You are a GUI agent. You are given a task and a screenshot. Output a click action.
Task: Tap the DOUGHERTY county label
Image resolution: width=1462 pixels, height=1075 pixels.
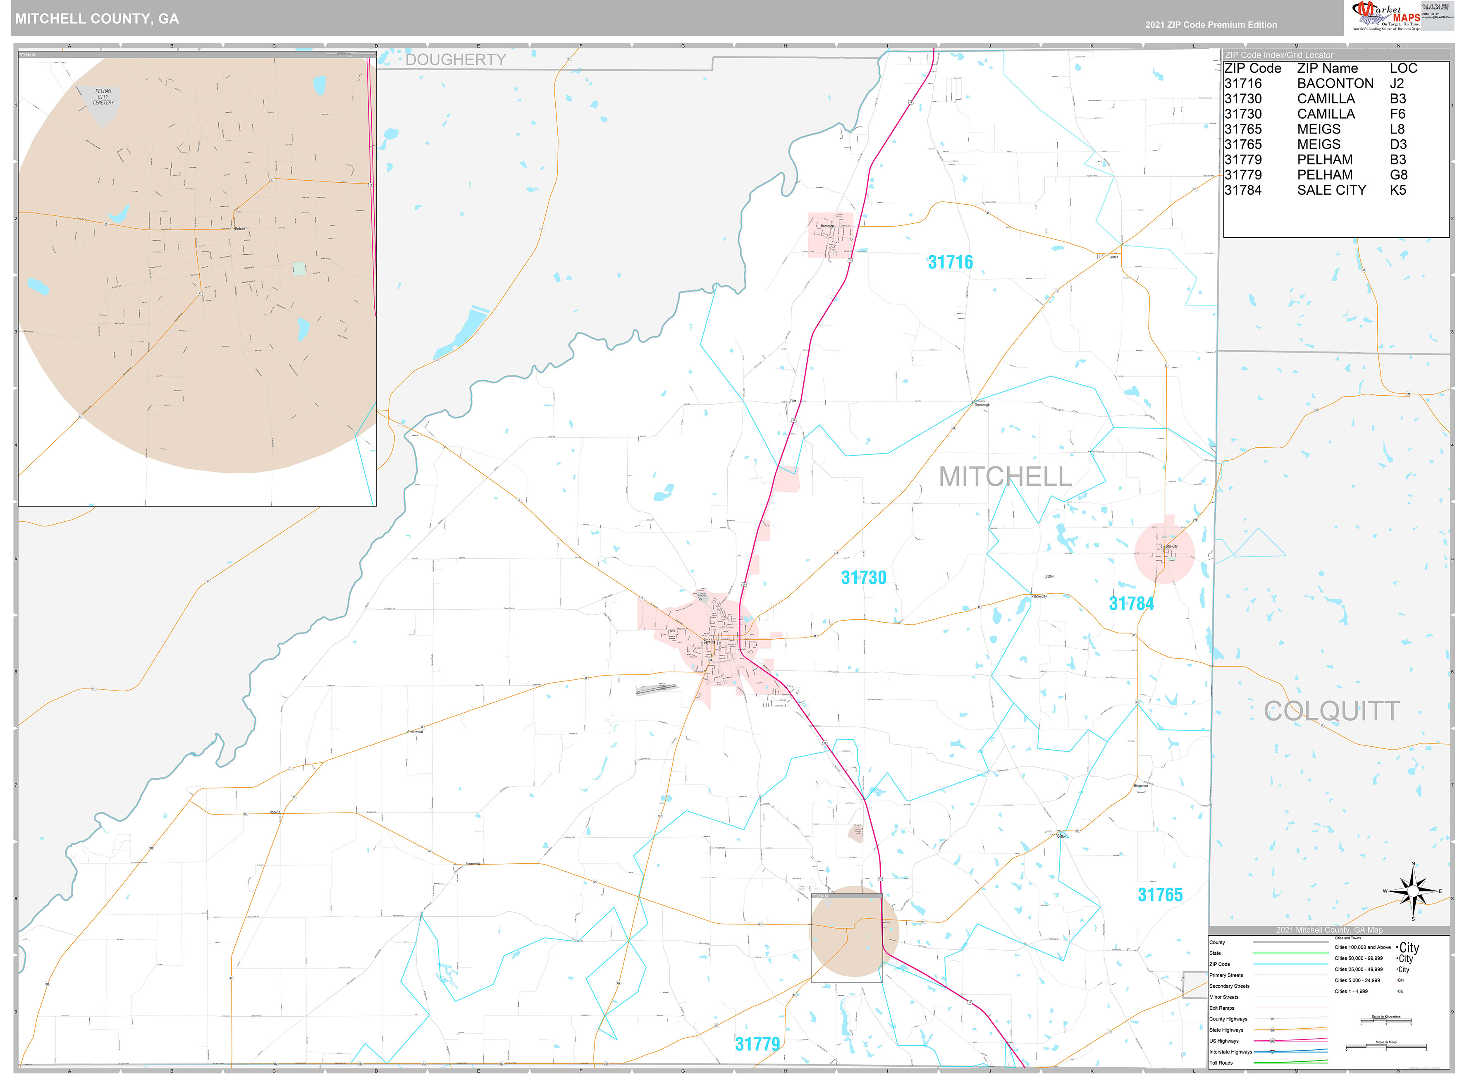tap(456, 60)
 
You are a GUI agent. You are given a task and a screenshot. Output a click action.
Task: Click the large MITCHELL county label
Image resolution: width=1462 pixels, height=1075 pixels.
tap(1004, 477)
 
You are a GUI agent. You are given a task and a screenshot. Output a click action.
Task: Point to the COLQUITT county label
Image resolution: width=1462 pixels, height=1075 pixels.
tap(1331, 711)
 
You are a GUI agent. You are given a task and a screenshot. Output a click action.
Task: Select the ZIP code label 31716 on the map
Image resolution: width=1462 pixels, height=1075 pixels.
tap(950, 262)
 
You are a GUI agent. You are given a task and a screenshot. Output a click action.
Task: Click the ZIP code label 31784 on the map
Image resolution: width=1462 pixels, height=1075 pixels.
tap(1131, 604)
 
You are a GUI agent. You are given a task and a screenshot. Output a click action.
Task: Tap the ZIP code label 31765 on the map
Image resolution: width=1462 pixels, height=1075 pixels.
tap(1159, 895)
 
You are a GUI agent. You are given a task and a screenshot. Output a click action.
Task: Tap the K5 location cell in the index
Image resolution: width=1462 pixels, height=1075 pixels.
tap(1397, 191)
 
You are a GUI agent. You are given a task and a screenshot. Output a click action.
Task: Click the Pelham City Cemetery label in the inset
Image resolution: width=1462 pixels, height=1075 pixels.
tap(103, 97)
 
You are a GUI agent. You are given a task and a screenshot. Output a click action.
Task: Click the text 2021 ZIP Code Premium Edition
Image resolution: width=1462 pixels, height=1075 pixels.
tap(1211, 25)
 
